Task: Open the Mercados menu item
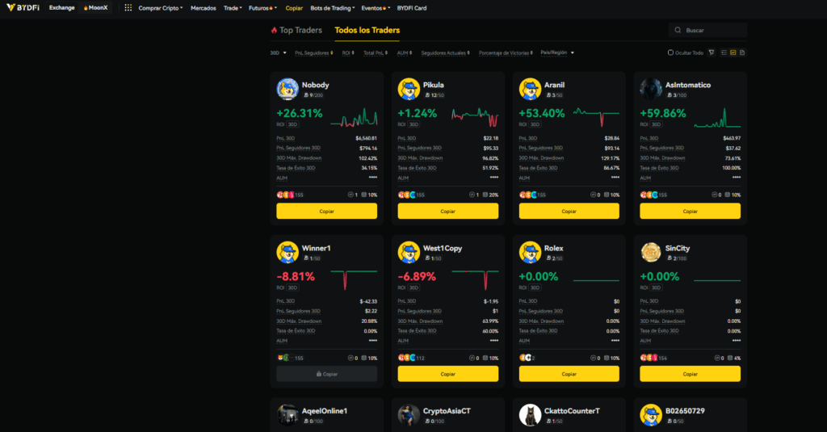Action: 203,8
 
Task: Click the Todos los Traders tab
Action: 367,31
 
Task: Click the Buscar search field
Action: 711,30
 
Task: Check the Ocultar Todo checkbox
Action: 670,52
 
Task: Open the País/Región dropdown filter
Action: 557,52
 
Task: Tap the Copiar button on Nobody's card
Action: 326,211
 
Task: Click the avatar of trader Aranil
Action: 530,88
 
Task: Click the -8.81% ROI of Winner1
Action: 296,277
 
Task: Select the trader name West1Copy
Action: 443,248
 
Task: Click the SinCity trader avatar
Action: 651,251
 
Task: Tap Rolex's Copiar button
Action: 569,374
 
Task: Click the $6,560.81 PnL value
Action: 366,138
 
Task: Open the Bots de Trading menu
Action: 331,8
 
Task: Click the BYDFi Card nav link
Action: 412,8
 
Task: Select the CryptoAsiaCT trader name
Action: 447,411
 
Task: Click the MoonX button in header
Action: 95,8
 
